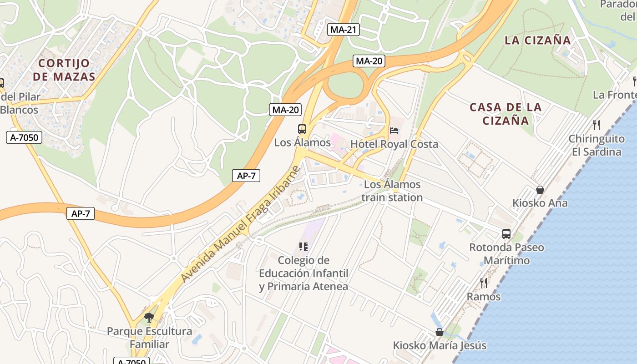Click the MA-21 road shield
(x=344, y=30)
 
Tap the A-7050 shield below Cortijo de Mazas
(x=24, y=137)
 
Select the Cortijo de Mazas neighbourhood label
(x=64, y=70)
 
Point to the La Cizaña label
(x=537, y=40)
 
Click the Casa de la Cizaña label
(x=506, y=114)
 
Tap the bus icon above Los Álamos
(x=302, y=129)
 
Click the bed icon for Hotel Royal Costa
(x=394, y=131)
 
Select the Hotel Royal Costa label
(x=394, y=144)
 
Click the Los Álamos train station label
(x=392, y=191)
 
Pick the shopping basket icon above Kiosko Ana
(x=540, y=190)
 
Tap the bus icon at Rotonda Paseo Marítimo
(x=506, y=234)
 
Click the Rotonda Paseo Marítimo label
(x=506, y=254)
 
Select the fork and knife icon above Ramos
(x=484, y=283)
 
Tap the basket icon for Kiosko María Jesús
(x=439, y=332)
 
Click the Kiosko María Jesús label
(x=440, y=346)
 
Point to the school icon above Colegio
(x=303, y=247)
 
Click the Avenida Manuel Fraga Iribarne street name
(x=241, y=224)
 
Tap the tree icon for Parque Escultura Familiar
(x=149, y=317)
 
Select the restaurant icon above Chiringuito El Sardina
(x=596, y=125)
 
